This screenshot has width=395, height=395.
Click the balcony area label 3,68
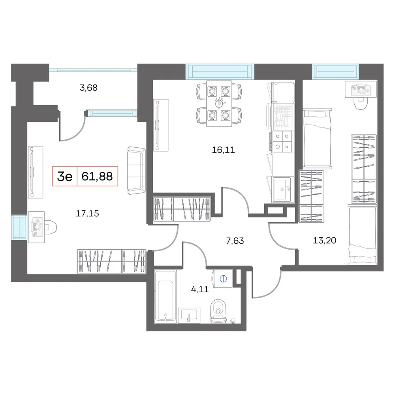(x=88, y=88)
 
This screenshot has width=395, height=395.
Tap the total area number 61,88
(x=97, y=176)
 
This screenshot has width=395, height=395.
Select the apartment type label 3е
(x=65, y=177)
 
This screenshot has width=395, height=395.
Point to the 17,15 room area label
(x=87, y=214)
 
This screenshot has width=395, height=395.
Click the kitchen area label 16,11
(x=223, y=150)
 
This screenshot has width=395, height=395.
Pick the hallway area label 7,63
(x=235, y=241)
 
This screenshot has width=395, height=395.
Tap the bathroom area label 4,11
(x=200, y=290)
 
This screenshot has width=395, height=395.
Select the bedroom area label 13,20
(x=324, y=241)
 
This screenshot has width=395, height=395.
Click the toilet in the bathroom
(x=218, y=311)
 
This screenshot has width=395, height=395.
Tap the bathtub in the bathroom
(x=165, y=297)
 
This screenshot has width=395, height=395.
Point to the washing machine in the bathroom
(x=223, y=278)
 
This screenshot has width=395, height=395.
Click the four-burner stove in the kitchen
(x=282, y=141)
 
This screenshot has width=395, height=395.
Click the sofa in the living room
(x=136, y=171)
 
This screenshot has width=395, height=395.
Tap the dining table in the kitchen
(x=219, y=103)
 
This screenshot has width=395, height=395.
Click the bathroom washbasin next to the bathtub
(x=189, y=315)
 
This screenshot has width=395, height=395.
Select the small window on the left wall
(x=19, y=227)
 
